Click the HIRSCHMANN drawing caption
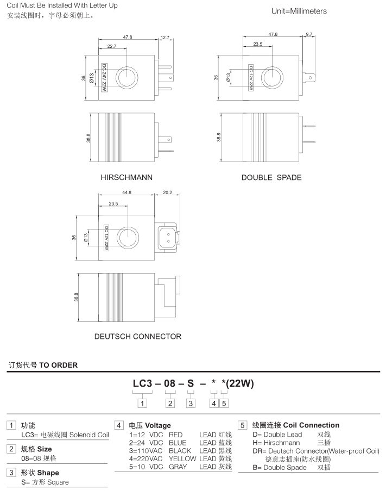126,177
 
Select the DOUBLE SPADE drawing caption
271,177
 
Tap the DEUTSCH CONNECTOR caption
138,337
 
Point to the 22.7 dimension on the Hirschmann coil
112,47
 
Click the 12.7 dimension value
165,38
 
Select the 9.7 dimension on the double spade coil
309,34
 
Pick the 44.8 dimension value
127,193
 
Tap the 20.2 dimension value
167,193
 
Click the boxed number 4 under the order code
214,403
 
